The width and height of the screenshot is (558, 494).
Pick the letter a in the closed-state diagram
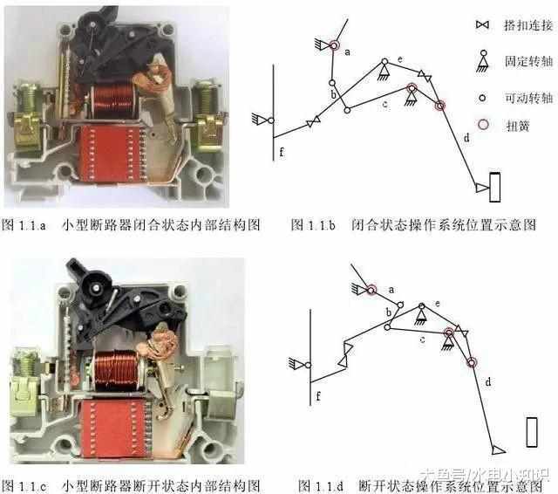point(349,52)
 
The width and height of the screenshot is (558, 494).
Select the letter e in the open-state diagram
point(437,301)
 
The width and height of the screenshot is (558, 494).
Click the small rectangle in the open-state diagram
point(533,431)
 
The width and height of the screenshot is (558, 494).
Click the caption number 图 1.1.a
point(26,225)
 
